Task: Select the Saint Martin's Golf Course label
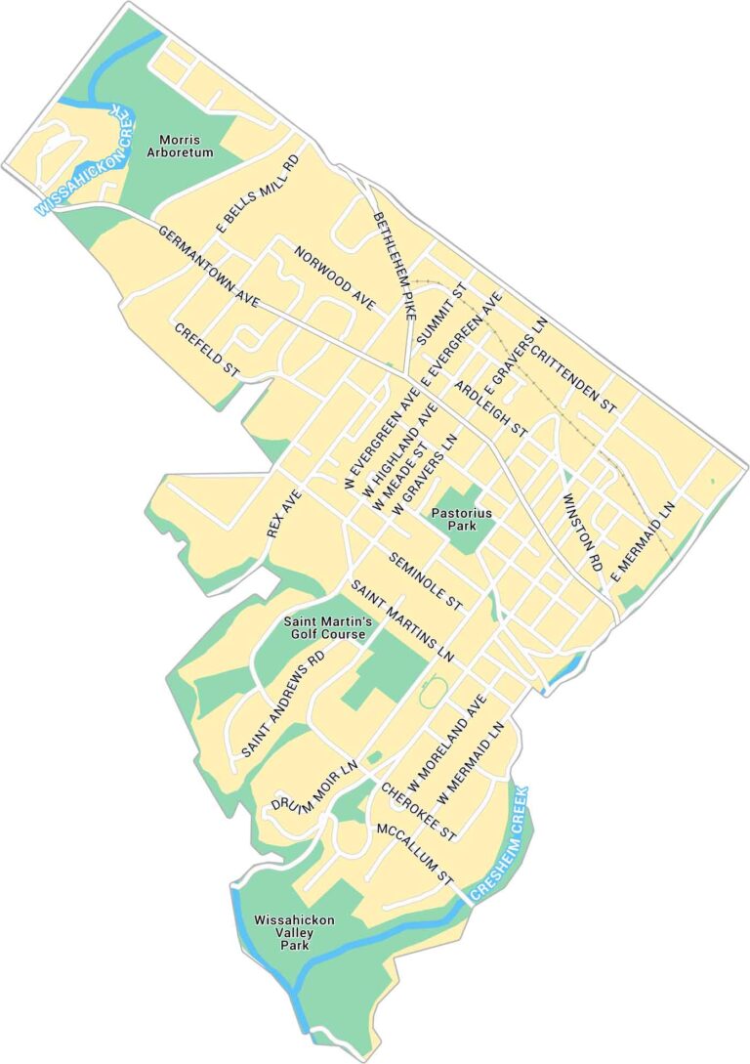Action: tap(324, 627)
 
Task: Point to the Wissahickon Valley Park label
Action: tap(294, 933)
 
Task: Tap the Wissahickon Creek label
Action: tap(85, 160)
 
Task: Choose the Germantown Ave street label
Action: tap(207, 268)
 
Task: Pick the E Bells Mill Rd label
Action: tap(257, 192)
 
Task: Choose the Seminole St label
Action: tap(425, 581)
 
